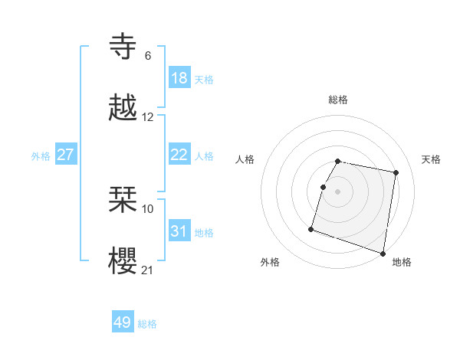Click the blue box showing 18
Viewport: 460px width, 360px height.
(179, 78)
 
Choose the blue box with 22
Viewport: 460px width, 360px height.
(179, 155)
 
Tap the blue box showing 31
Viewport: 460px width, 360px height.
(179, 231)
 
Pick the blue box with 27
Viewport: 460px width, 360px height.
(66, 155)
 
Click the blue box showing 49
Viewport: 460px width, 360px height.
(123, 322)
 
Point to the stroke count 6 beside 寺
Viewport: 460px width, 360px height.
(147, 56)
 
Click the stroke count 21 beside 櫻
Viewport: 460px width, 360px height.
(148, 270)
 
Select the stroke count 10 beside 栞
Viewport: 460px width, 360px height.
(148, 208)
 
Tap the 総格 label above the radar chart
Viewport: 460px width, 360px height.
(338, 100)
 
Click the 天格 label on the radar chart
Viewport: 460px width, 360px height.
(431, 159)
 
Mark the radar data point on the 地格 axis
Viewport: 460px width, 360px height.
(383, 253)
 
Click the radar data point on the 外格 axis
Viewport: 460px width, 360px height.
(311, 228)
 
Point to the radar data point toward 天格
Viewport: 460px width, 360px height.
(396, 173)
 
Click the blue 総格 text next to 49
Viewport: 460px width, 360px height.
(147, 324)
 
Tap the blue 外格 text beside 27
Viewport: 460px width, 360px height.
(41, 156)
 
